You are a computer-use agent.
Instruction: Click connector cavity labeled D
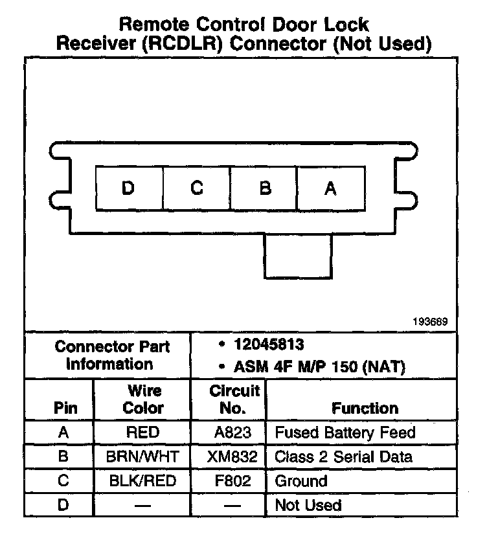click(x=128, y=188)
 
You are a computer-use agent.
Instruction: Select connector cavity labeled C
click(x=197, y=188)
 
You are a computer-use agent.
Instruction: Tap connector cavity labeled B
click(x=264, y=188)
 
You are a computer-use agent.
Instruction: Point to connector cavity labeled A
click(x=330, y=188)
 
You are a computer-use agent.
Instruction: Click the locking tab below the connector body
click(x=299, y=255)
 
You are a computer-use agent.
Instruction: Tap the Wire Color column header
click(x=143, y=399)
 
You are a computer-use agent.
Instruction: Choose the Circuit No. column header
click(x=234, y=399)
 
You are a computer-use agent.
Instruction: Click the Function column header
click(x=365, y=408)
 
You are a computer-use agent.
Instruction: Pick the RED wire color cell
click(x=143, y=433)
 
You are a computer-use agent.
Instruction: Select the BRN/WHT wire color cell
click(x=143, y=456)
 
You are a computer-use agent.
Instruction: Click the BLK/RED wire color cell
click(x=143, y=481)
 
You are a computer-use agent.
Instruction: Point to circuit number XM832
click(x=232, y=456)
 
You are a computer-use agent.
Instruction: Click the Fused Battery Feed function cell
click(x=345, y=433)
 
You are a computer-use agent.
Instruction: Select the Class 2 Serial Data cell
click(x=344, y=456)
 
